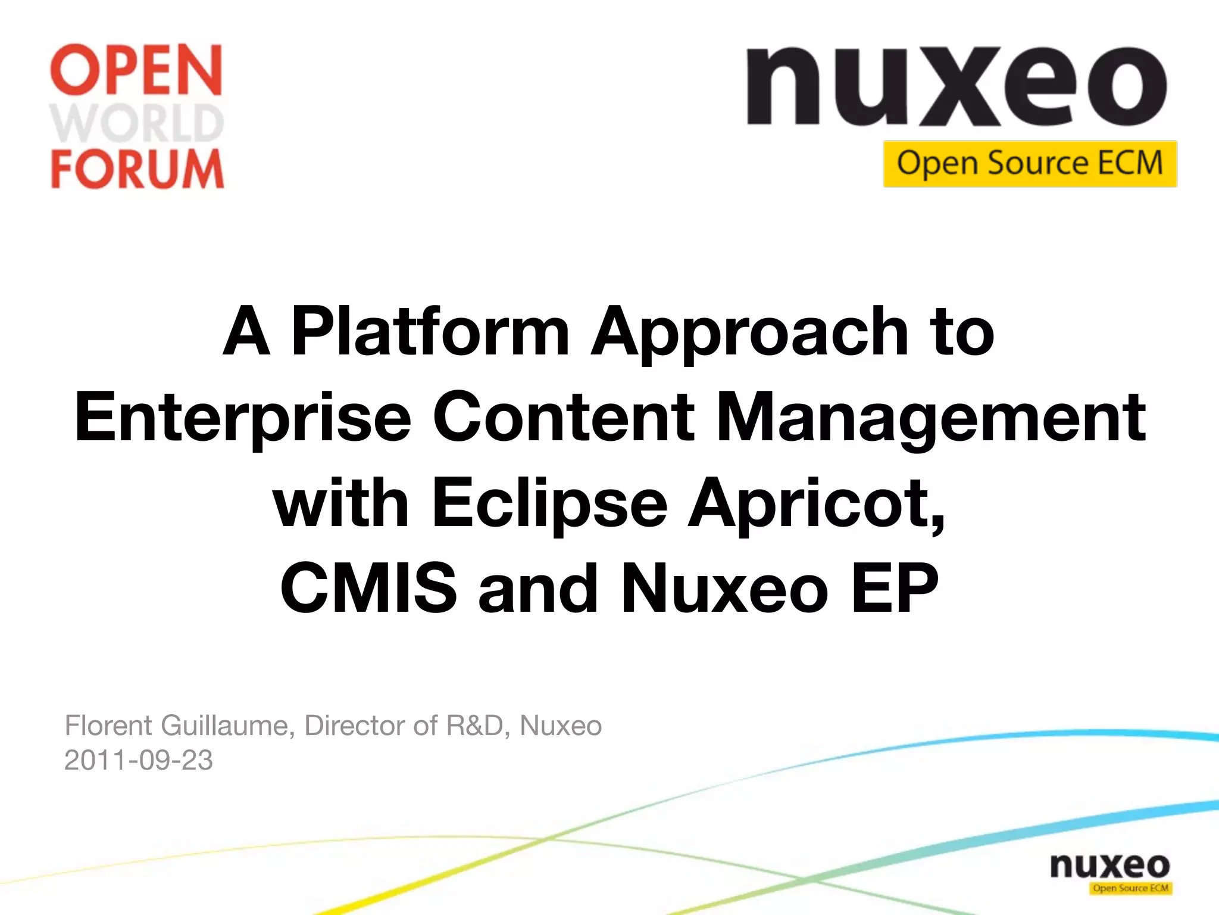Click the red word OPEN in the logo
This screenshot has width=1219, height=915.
[137, 70]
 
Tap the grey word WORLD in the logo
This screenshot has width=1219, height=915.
[137, 123]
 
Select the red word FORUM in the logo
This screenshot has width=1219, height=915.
[137, 169]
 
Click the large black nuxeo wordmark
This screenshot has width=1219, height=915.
[957, 86]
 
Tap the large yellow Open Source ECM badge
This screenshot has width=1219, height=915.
[1030, 164]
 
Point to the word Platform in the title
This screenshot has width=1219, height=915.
[430, 331]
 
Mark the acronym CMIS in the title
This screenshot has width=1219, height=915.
[368, 589]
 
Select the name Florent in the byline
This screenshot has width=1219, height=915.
[108, 726]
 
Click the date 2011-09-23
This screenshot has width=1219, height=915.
[138, 760]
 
